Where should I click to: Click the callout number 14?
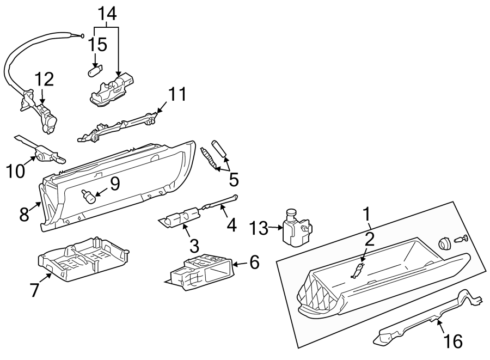click(107, 14)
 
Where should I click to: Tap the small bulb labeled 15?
click(95, 71)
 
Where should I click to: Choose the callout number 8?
click(24, 213)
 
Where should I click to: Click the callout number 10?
click(16, 170)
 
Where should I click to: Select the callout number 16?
click(453, 341)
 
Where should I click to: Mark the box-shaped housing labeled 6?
click(201, 271)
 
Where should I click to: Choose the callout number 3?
click(194, 243)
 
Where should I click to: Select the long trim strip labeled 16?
click(425, 321)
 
